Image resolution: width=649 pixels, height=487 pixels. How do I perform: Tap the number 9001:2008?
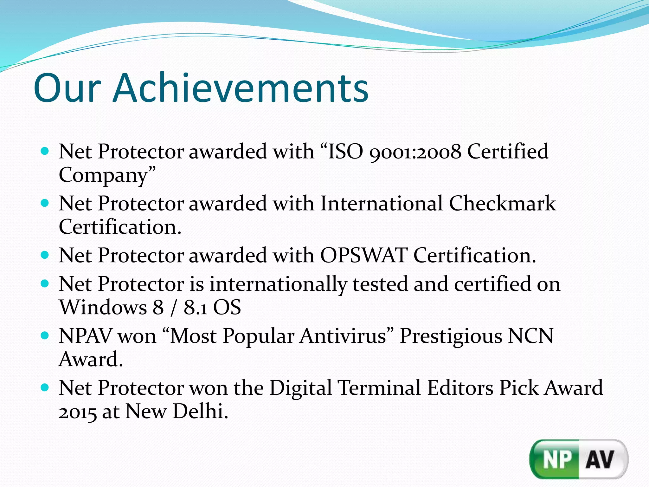pyautogui.click(x=415, y=152)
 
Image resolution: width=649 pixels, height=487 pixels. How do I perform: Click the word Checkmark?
pyautogui.click(x=502, y=203)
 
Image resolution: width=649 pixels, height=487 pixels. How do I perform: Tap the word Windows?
pyautogui.click(x=103, y=307)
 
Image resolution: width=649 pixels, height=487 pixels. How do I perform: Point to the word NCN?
pyautogui.click(x=530, y=336)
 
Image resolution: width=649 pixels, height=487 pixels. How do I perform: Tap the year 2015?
pyautogui.click(x=78, y=412)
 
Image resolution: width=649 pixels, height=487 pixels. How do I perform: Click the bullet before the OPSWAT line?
pyautogui.click(x=45, y=255)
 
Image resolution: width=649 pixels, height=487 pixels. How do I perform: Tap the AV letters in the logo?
pyautogui.click(x=600, y=459)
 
